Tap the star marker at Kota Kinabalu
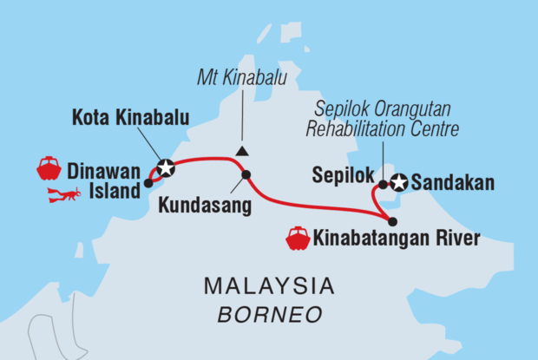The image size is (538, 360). pyautogui.click(x=165, y=168)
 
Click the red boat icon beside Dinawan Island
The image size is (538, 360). pyautogui.click(x=49, y=168)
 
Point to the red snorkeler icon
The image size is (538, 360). pyautogui.click(x=64, y=194)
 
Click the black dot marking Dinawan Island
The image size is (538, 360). pyautogui.click(x=148, y=183)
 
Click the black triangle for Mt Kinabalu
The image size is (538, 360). pyautogui.click(x=242, y=150)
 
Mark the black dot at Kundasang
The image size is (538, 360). pyautogui.click(x=246, y=175)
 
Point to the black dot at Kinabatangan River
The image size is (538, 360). pyautogui.click(x=392, y=221)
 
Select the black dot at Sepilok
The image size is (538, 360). pyautogui.click(x=383, y=184)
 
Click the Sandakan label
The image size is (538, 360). pyautogui.click(x=453, y=183)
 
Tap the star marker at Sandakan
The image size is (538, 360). pyautogui.click(x=399, y=183)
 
